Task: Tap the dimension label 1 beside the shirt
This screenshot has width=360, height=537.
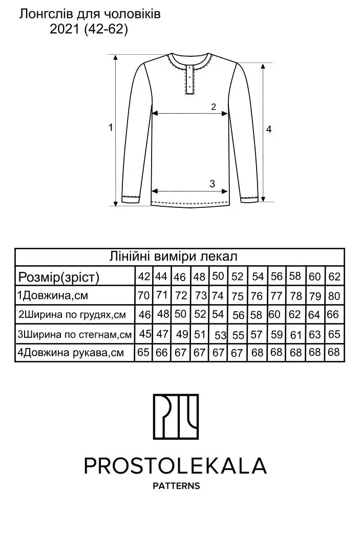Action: tap(111, 127)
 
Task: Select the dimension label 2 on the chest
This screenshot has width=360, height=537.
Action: tap(214, 107)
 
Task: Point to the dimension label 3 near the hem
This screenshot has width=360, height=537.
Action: tap(213, 184)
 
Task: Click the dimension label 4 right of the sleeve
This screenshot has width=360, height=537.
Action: tap(269, 130)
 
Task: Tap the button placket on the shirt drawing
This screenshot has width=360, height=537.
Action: tap(189, 79)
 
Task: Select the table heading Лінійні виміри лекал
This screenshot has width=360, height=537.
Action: tap(173, 256)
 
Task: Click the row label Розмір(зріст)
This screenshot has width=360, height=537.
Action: tap(58, 277)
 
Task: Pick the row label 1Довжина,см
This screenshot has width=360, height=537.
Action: tap(53, 295)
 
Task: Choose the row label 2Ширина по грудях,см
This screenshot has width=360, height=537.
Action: tap(72, 314)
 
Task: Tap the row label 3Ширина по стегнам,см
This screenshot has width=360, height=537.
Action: tap(74, 334)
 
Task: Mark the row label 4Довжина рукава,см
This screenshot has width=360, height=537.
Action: tap(71, 352)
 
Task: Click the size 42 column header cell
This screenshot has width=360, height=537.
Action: tap(144, 276)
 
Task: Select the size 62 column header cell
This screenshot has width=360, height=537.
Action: tap(334, 276)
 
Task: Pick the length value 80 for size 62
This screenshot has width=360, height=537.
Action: tap(334, 296)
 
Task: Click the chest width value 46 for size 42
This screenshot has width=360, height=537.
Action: tap(144, 314)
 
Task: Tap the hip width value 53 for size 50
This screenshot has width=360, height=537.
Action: tap(221, 335)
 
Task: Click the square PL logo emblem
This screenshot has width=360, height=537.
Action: tap(176, 417)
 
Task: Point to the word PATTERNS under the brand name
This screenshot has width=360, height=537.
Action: tap(176, 486)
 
